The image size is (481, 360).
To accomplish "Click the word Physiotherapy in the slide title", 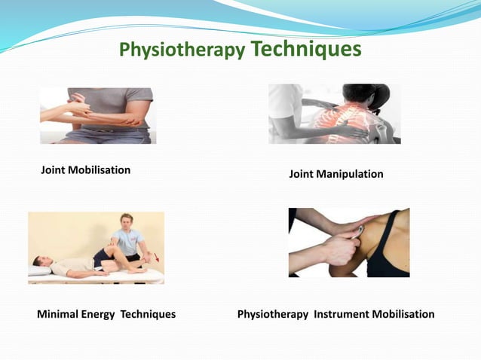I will (x=182, y=50).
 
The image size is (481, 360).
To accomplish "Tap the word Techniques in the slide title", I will (x=305, y=48).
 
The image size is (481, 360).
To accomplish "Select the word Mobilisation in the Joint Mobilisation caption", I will (x=99, y=169).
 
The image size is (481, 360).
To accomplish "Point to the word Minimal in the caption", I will (x=59, y=314).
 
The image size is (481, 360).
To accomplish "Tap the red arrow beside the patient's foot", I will (x=155, y=257).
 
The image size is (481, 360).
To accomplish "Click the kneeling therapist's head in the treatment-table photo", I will (x=126, y=222).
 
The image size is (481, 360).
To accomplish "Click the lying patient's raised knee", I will (x=112, y=248).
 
